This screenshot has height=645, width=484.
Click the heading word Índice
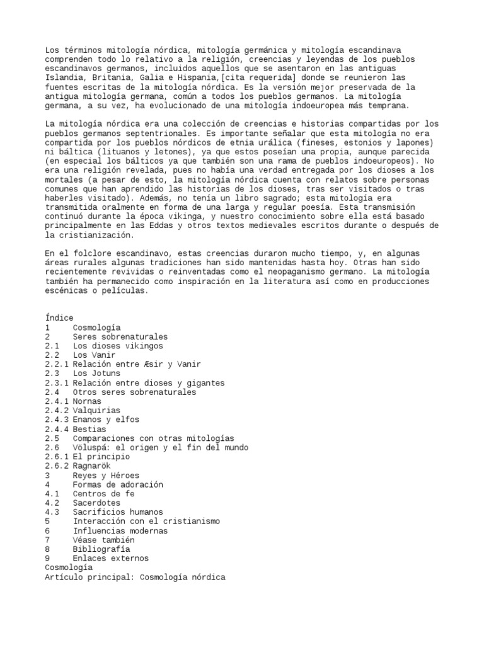pyautogui.click(x=59, y=318)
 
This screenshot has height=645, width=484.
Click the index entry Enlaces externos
pyautogui.click(x=111, y=558)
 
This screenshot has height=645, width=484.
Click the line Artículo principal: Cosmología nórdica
pyautogui.click(x=135, y=577)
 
